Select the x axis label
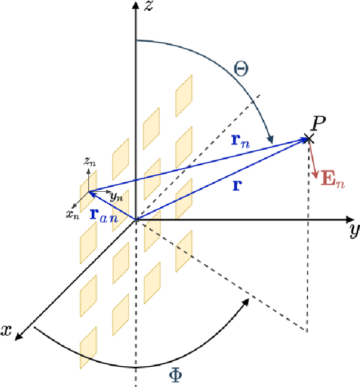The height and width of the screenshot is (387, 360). (7, 331)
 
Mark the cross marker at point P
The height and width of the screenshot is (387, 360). (308, 138)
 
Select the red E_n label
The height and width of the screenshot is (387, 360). (331, 180)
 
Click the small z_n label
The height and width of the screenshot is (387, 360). (88, 162)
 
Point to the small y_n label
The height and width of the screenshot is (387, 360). (116, 197)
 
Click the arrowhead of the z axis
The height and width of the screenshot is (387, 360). (135, 6)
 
